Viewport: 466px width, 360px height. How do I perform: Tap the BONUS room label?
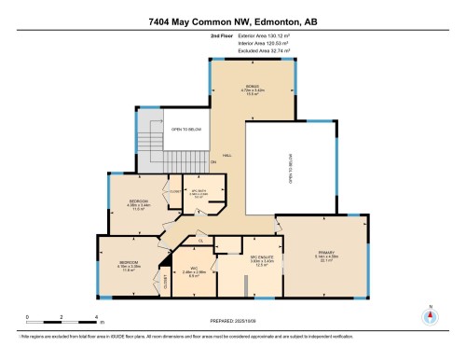[x=252, y=90]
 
